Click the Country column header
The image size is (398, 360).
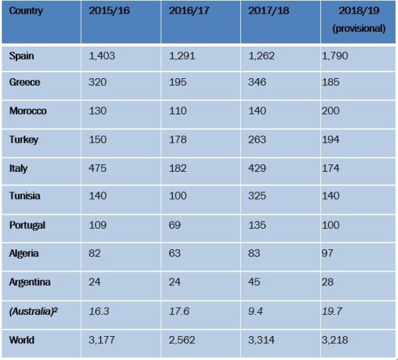26,11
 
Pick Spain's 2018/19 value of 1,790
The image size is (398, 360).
334,56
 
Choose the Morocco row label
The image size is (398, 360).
28,111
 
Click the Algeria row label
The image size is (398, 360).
25,253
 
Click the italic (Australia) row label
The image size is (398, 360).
32,310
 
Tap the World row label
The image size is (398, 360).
23,339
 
